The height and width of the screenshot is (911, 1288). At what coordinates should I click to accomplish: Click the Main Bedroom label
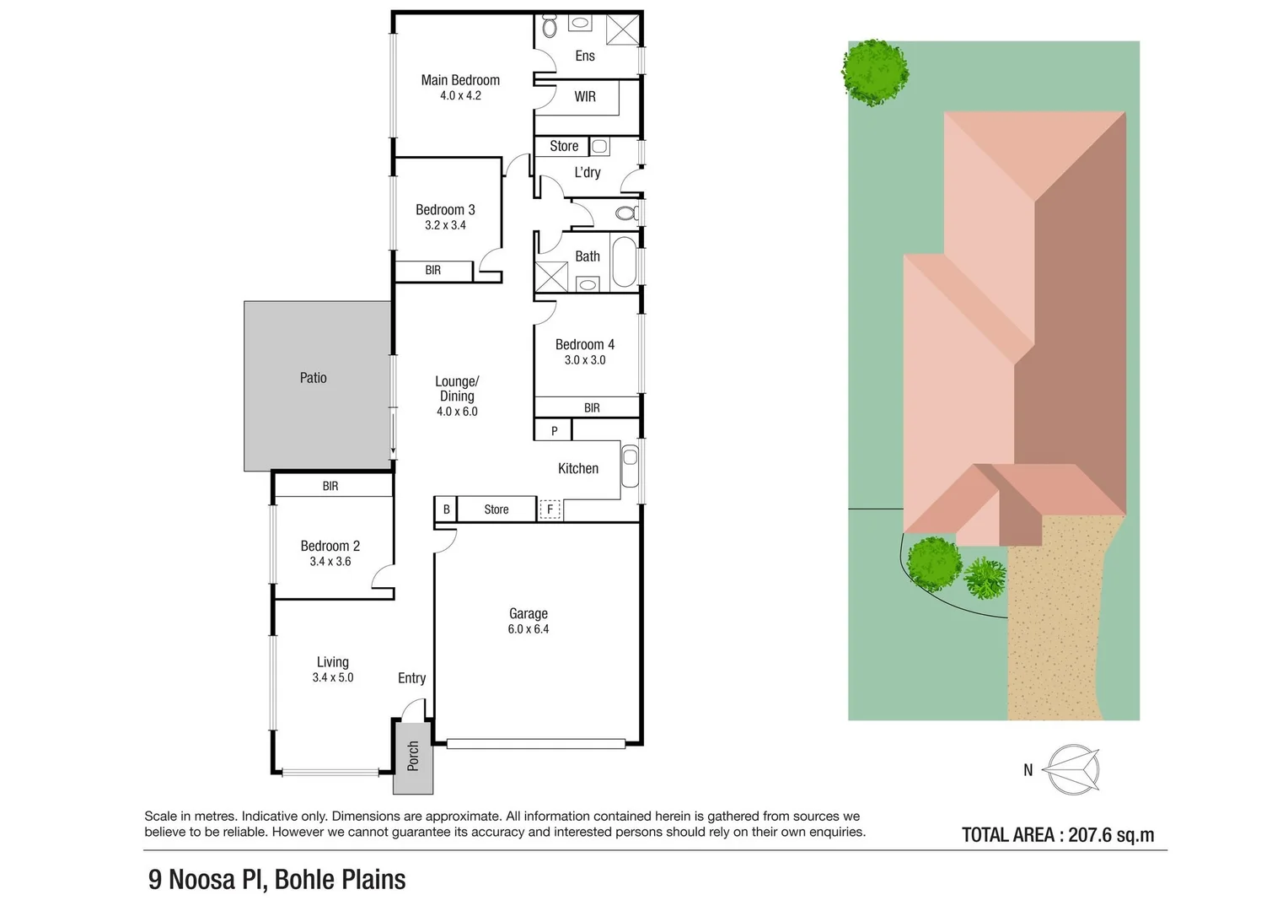[460, 80]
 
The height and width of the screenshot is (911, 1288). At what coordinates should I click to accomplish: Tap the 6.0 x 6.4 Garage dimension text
[529, 629]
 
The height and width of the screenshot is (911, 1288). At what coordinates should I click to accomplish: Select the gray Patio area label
[313, 378]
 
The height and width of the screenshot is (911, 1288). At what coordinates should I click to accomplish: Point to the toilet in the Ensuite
[550, 28]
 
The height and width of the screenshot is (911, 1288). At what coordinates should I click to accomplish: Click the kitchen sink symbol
[630, 466]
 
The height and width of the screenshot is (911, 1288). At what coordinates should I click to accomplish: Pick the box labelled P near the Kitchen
[554, 431]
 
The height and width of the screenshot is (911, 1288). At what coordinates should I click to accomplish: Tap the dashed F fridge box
[550, 509]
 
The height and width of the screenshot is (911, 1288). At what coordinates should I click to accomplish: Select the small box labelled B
[446, 509]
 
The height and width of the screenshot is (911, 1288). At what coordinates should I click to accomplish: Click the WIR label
[585, 97]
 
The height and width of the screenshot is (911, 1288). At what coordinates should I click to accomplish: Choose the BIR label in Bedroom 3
[432, 271]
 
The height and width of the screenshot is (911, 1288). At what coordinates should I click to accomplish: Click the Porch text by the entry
[413, 756]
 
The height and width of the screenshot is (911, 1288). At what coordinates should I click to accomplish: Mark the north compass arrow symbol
[1072, 769]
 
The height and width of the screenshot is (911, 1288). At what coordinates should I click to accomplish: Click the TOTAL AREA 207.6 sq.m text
[1058, 835]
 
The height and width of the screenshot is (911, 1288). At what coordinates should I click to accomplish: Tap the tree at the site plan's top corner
[875, 72]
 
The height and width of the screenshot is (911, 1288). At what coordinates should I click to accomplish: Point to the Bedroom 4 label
[584, 344]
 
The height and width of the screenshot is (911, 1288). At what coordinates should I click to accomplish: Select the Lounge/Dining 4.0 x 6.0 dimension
[457, 412]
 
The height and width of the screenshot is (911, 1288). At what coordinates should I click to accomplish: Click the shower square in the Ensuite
[624, 29]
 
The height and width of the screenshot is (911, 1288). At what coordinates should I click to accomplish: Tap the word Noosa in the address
[202, 879]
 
